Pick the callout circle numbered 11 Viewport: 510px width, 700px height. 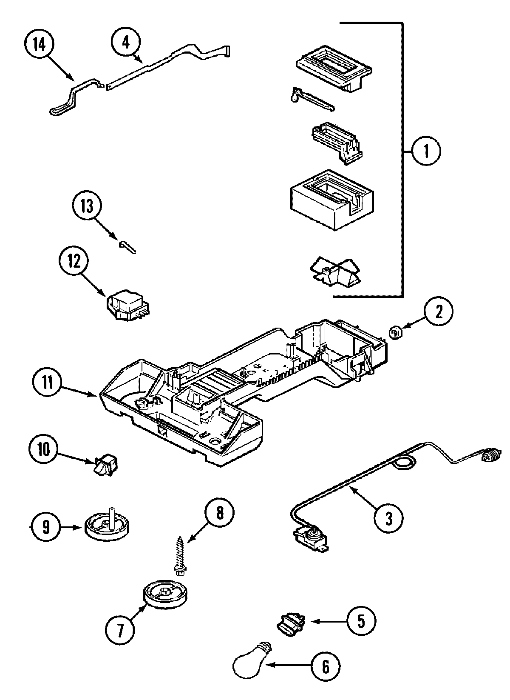[x=47, y=382]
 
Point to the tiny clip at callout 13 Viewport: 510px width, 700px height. [x=127, y=246]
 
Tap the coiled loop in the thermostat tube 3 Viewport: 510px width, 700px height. [x=403, y=463]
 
